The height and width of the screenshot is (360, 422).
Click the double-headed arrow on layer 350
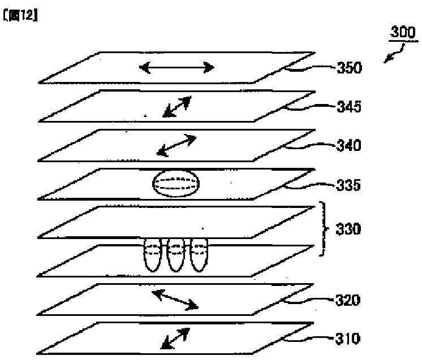tap(176, 68)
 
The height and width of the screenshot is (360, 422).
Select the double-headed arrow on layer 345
tap(177, 106)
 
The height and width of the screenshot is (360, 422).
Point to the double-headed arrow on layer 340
tap(177, 145)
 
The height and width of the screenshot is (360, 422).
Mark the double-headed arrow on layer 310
tap(176, 338)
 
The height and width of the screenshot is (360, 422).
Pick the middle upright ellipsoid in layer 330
tap(176, 255)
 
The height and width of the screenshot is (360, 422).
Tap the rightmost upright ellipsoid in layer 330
tap(199, 255)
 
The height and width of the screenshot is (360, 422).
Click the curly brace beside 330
tap(324, 229)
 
